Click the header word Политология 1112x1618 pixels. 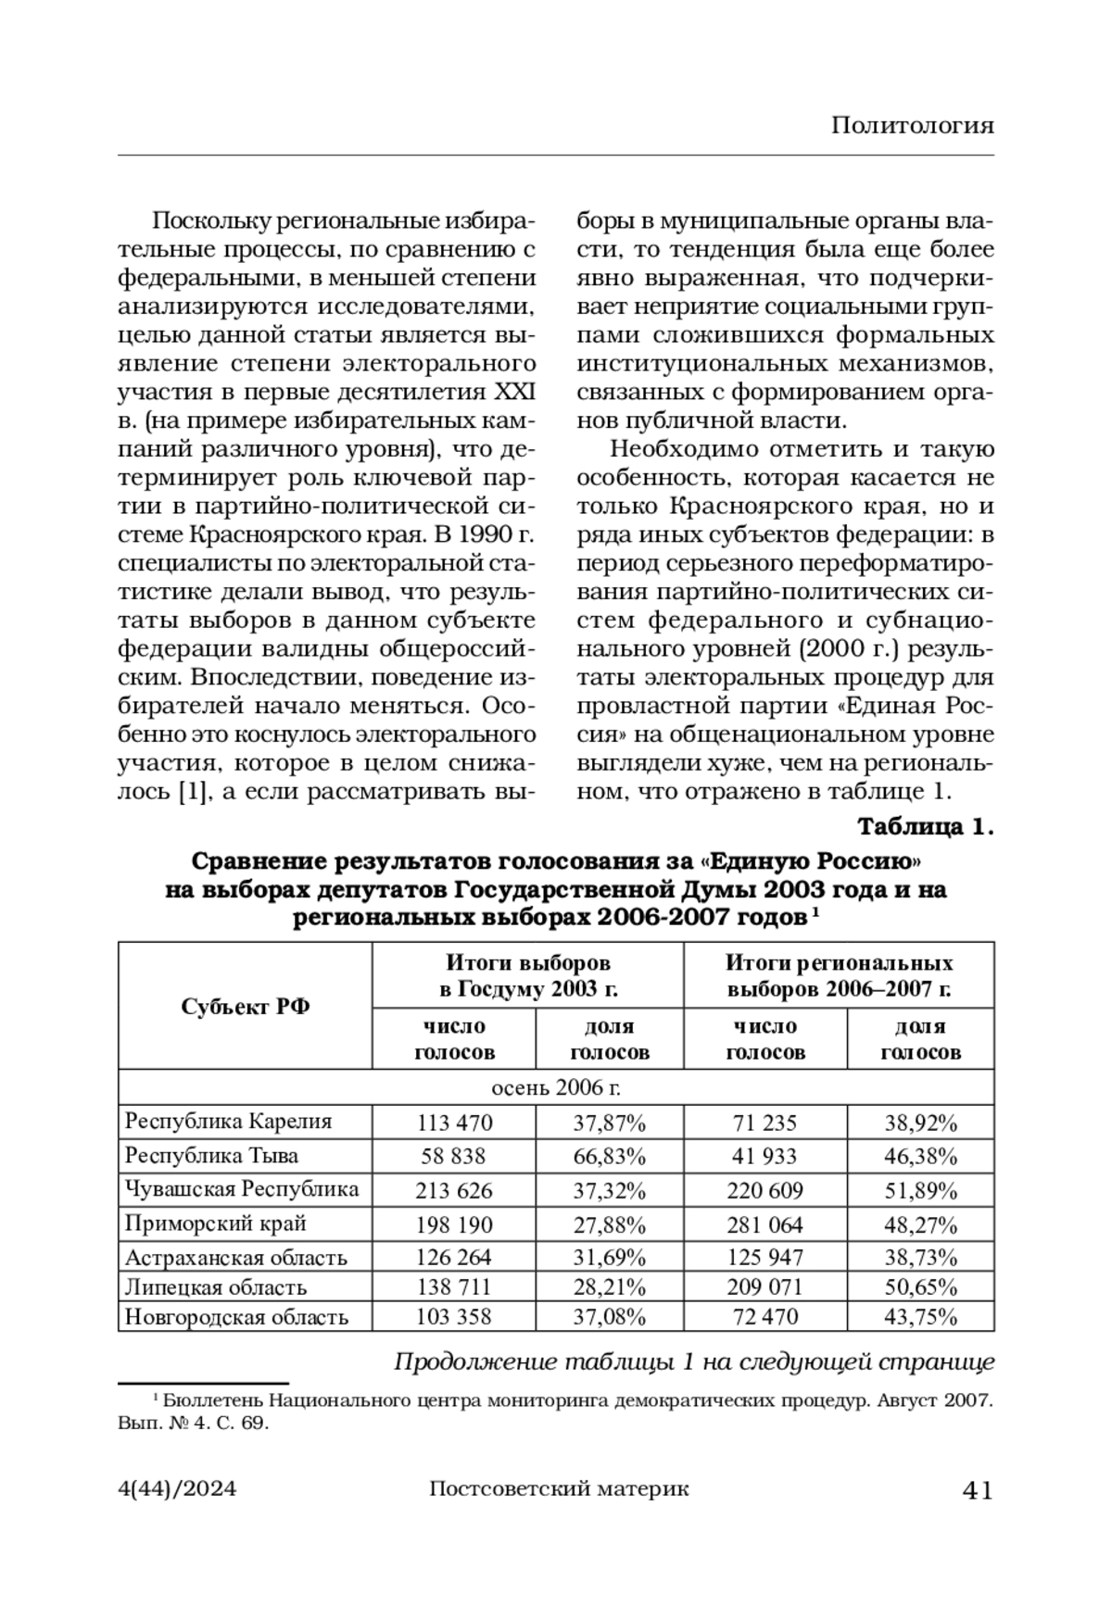coord(912,126)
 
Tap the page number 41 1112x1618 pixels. coord(979,1490)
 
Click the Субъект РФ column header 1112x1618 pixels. coord(246,1007)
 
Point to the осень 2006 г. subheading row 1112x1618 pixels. coord(556,1087)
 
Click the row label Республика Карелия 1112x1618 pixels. coord(228,1122)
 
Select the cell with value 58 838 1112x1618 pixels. coord(453,1156)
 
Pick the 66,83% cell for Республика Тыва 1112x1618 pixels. coord(609,1156)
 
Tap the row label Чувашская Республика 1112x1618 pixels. coord(242,1189)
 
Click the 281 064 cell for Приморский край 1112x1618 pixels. coord(764,1224)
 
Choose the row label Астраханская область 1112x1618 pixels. coord(236,1258)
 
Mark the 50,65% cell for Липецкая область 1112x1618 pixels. coord(920,1287)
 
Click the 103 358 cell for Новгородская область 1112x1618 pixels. coord(454,1317)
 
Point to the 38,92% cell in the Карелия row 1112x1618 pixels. coord(920,1123)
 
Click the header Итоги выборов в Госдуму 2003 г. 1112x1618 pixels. coord(528,975)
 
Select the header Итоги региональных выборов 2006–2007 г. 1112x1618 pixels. coord(839,975)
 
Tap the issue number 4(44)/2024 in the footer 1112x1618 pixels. coord(178,1489)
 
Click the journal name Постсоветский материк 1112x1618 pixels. coord(560,1489)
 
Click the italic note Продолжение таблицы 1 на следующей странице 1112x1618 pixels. coord(694,1362)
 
